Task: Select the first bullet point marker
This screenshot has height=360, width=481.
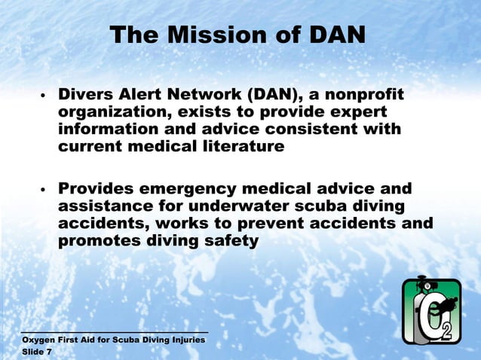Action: tap(44, 97)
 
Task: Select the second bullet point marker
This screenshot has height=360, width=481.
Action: tap(44, 189)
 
